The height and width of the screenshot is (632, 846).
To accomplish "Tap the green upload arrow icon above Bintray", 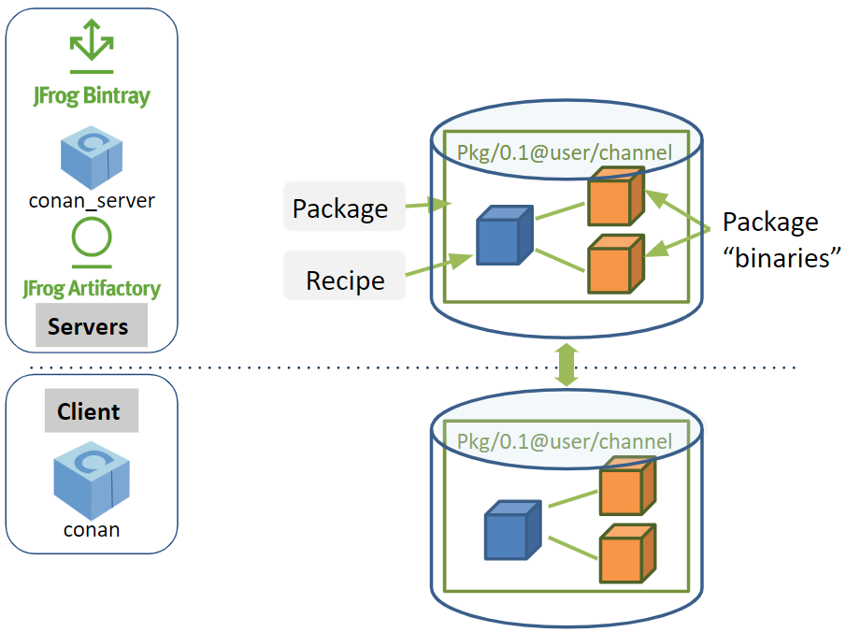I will click(x=91, y=43).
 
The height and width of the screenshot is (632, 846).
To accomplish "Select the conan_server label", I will click(x=92, y=199).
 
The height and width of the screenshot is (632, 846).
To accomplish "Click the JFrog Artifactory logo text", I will click(x=92, y=288).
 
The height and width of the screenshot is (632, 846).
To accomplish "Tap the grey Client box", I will click(x=91, y=412).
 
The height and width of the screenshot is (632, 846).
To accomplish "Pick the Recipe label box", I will click(x=345, y=280).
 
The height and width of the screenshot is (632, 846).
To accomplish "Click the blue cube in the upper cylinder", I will click(x=504, y=235).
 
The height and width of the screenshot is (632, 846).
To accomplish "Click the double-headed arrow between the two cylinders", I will click(x=566, y=364).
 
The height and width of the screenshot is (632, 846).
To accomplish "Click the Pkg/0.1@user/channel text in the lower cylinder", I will click(x=564, y=441).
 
